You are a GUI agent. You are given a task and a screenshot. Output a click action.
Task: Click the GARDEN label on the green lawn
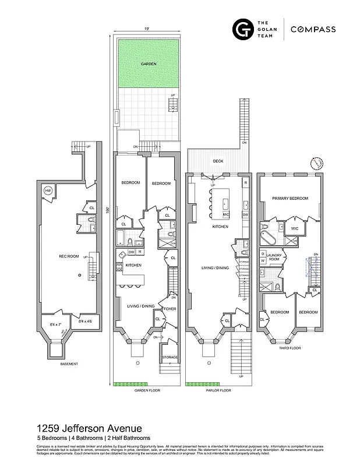[x=148, y=63]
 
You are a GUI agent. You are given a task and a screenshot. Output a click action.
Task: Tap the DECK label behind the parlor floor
[x=218, y=161]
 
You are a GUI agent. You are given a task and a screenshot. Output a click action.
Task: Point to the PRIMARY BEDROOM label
[x=290, y=198]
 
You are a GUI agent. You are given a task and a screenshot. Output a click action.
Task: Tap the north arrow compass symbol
[x=317, y=162]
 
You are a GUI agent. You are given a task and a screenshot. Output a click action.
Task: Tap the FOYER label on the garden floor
[x=170, y=309]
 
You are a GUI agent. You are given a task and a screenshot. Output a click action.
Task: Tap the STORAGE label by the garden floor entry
[x=170, y=356]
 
